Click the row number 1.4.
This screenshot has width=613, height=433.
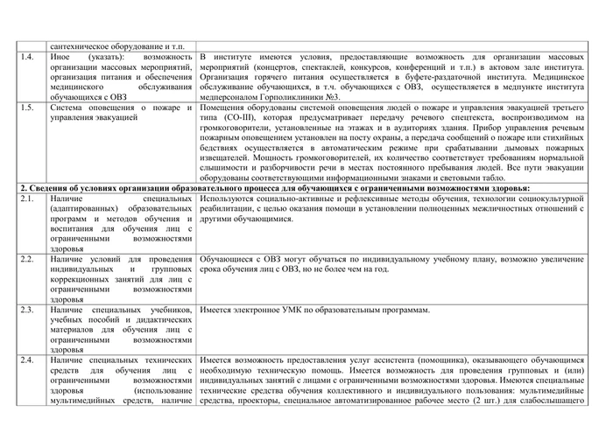coord(27,57)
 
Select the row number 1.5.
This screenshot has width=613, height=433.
coord(27,108)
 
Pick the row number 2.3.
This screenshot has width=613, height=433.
coord(27,310)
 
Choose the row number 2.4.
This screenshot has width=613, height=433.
coord(27,360)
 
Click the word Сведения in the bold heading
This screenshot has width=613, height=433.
coord(45,188)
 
